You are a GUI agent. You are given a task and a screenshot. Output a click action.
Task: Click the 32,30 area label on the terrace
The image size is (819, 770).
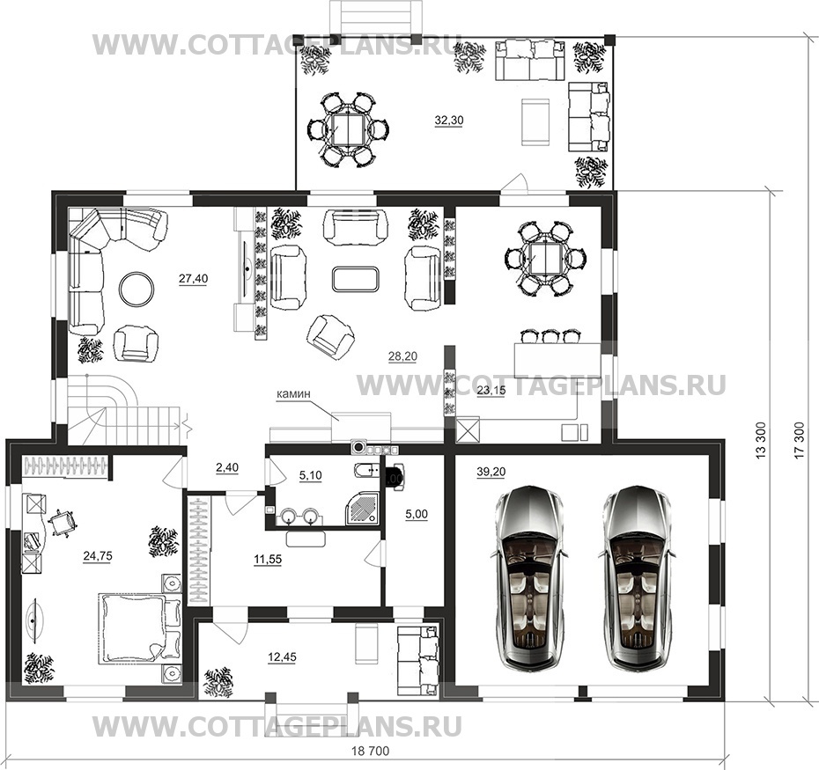pos(448,121)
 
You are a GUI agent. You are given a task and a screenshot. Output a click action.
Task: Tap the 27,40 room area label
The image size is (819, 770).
pos(193,279)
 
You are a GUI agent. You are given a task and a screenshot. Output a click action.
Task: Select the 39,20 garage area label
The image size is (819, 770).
pos(491,472)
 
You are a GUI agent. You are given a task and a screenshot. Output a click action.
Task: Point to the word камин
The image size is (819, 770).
pos(293,394)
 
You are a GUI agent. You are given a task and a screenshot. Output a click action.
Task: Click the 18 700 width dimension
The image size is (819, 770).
pos(371,752)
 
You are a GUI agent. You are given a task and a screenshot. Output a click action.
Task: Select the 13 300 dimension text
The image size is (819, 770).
pos(761,441)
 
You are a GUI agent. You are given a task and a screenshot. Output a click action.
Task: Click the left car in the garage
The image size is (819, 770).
pos(528,578)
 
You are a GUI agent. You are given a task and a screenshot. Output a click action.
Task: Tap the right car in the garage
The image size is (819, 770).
pos(635,578)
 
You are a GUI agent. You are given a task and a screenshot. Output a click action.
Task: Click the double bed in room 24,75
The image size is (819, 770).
pos(139,628)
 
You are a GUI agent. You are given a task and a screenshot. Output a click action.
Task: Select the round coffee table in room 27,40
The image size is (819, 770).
pos(136,288)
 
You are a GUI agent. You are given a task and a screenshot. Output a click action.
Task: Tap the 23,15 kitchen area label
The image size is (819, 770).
pos(491,390)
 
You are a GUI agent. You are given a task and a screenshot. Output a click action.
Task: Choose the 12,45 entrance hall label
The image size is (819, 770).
pos(282,657)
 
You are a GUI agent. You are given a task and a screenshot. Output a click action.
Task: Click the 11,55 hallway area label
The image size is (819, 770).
pos(268,560)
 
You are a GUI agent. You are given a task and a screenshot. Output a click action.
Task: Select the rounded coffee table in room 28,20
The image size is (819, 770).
pos(355,279)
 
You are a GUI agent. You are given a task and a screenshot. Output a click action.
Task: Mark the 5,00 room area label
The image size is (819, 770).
pos(417,514)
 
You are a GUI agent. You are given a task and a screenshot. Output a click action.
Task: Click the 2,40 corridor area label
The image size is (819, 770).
pos(227,468)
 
